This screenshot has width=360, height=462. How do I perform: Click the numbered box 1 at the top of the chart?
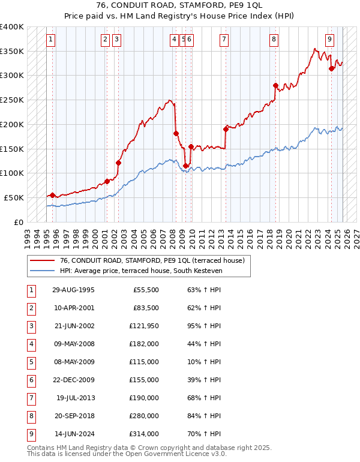(50, 40)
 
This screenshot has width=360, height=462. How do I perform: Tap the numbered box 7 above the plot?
(224, 40)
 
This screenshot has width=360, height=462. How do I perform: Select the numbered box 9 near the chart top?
(330, 40)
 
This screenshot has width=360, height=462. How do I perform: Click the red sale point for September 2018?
(275, 86)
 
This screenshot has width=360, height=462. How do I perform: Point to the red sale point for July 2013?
(226, 129)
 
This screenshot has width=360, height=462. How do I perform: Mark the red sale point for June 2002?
(118, 163)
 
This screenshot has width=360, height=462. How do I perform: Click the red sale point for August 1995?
(53, 195)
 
